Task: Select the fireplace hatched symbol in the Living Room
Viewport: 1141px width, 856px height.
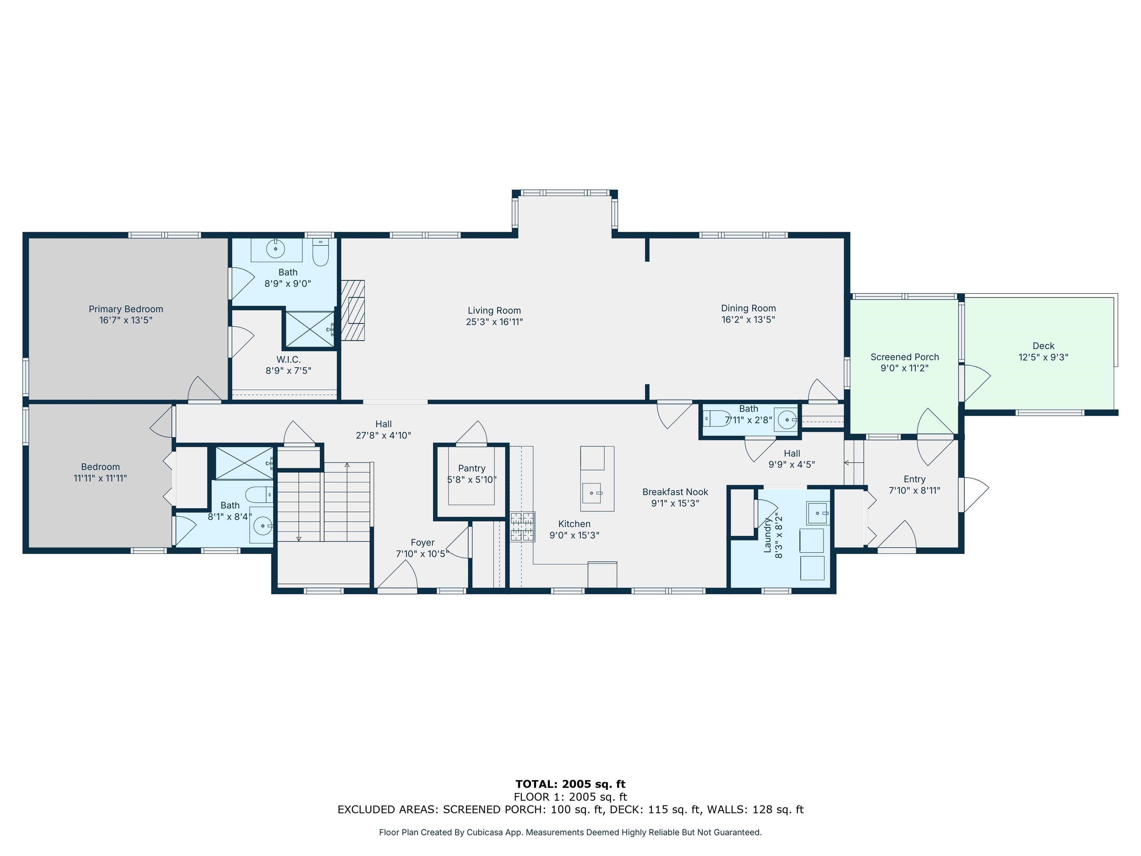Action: coord(353,310)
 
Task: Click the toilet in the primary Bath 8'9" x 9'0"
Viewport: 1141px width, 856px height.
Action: coord(320,253)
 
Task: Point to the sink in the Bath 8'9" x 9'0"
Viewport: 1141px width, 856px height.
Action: coord(276,249)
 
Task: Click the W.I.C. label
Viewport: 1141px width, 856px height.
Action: coord(288,360)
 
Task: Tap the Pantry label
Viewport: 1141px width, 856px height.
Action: coord(471,468)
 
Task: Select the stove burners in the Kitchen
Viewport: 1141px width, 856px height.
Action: coord(523,526)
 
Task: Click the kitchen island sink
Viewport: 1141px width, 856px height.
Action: coord(592,493)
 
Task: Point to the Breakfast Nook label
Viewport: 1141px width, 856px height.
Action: coord(675,492)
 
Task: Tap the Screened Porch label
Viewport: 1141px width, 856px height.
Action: coord(904,357)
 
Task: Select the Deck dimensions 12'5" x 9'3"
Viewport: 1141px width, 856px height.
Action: coord(1043,357)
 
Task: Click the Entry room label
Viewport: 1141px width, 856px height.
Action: coord(914,479)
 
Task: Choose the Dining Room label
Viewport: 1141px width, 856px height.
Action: coord(748,308)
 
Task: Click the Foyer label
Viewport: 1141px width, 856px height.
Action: coord(422,543)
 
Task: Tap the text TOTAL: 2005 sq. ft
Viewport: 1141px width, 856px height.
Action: coord(570,784)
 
